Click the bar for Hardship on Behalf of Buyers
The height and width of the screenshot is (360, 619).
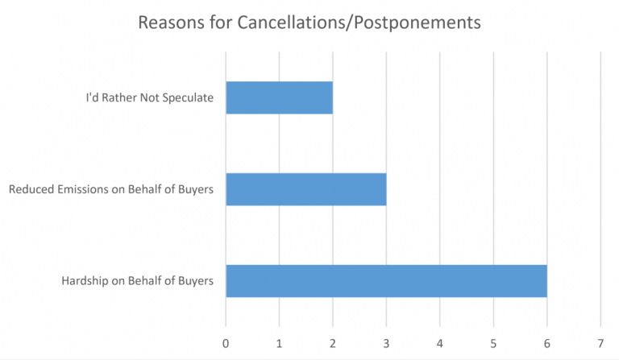click(386, 280)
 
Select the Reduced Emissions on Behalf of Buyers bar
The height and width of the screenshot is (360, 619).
click(305, 189)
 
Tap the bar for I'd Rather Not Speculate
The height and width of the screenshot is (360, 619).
click(279, 97)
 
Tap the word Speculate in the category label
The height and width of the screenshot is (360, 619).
click(189, 98)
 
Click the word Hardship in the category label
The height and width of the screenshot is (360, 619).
click(85, 281)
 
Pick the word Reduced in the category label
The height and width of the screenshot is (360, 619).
click(28, 190)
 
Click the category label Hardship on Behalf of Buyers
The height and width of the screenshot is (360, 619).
click(137, 281)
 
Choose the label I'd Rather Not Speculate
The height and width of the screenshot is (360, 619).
click(150, 98)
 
